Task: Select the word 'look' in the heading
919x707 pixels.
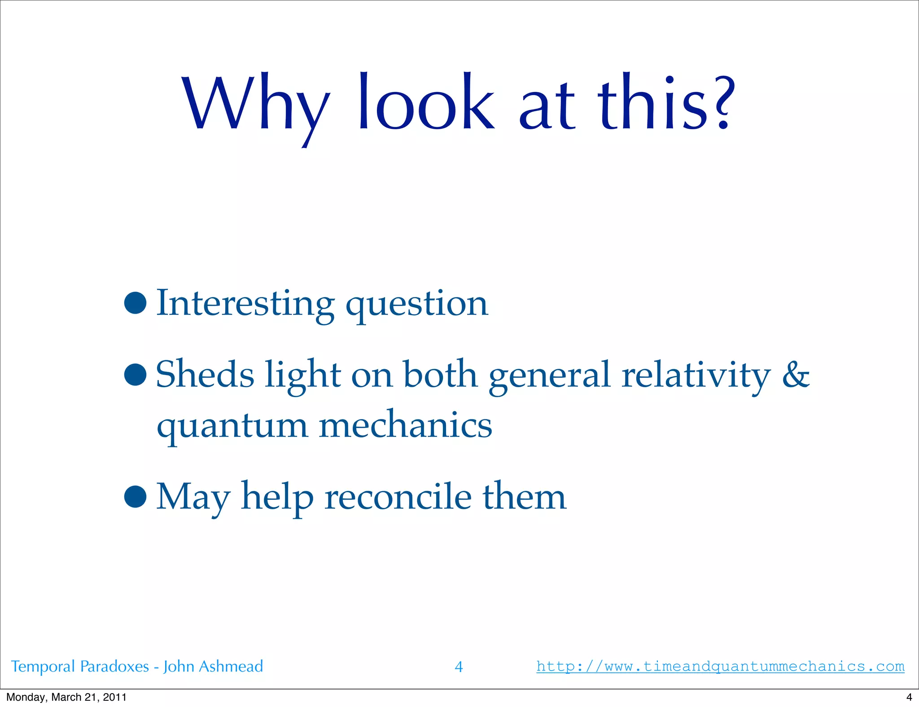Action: tap(426, 103)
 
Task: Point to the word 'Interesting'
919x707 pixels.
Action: tap(245, 304)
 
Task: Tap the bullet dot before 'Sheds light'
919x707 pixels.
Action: tap(136, 374)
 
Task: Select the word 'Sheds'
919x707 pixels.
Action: tap(205, 375)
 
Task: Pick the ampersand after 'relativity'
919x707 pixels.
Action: tap(796, 375)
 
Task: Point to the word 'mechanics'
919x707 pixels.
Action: tap(405, 425)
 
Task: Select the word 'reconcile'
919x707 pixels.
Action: tap(398, 497)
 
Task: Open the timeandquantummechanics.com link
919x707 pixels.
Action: tap(720, 666)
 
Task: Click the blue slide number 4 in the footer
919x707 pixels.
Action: tap(459, 667)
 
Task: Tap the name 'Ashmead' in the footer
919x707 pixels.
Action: tap(231, 666)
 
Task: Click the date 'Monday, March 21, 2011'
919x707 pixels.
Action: tap(66, 697)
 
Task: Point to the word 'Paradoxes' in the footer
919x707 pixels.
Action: tap(114, 666)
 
